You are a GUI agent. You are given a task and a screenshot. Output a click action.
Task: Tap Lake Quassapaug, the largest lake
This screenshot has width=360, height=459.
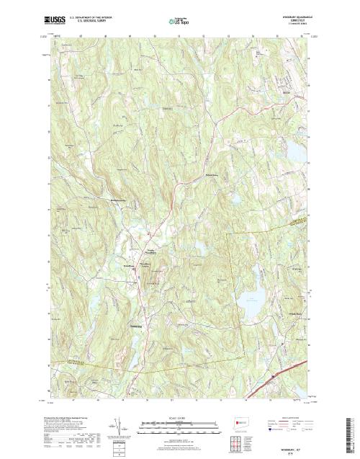pos(251,298)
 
